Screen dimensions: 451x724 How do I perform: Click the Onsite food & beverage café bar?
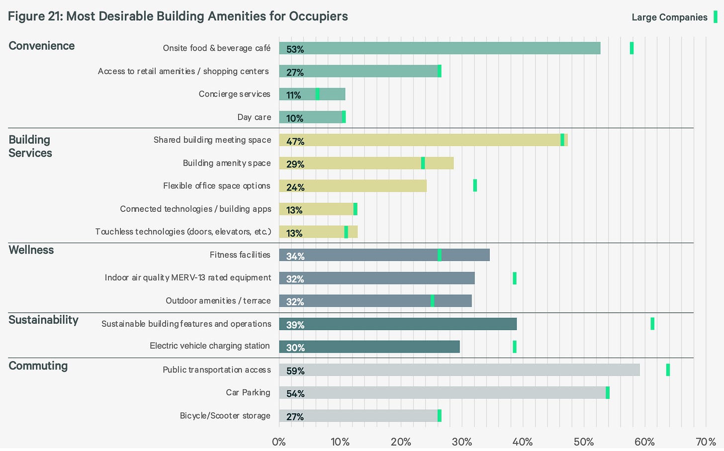coord(440,48)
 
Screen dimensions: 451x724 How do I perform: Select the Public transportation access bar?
coord(459,370)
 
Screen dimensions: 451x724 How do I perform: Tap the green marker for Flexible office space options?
coord(475,185)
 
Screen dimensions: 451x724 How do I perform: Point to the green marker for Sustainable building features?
coord(652,324)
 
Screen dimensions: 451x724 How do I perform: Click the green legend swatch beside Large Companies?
coord(716,17)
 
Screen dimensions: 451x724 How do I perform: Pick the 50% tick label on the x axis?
coord(584,442)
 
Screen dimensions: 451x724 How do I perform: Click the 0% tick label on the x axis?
coord(278,442)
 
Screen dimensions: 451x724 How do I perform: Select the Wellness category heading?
coord(31,250)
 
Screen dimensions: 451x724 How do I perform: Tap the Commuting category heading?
coord(38,365)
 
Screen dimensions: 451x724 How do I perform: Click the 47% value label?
coord(295,141)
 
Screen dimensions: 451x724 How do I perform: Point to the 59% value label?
coord(295,371)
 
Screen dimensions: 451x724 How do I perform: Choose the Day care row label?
coord(254,117)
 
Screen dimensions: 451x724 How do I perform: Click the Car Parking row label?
coord(248,393)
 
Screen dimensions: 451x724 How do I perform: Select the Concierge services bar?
coord(312,94)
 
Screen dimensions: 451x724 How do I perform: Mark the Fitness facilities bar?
coord(384,255)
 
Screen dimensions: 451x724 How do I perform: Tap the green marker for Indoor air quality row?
coord(515,278)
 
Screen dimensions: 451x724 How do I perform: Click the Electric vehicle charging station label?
coord(210,346)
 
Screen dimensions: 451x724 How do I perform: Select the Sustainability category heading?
coord(43,320)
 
